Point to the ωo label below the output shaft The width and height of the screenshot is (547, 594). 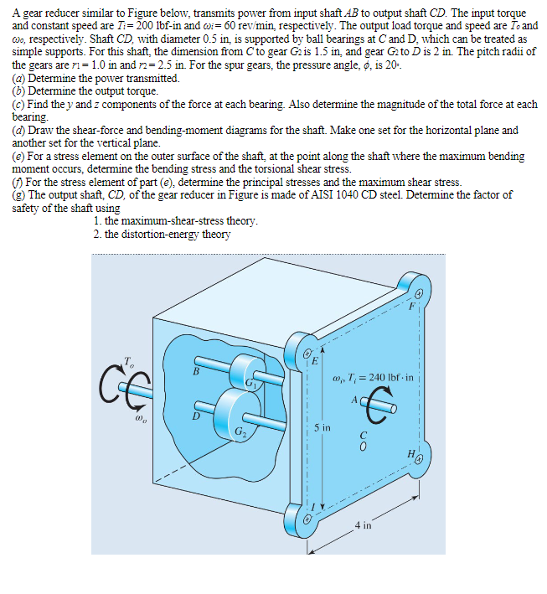pos(130,410)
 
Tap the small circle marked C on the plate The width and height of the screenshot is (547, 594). pos(363,445)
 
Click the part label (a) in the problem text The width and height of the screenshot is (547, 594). pos(18,78)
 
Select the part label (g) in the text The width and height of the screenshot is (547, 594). pos(18,194)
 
